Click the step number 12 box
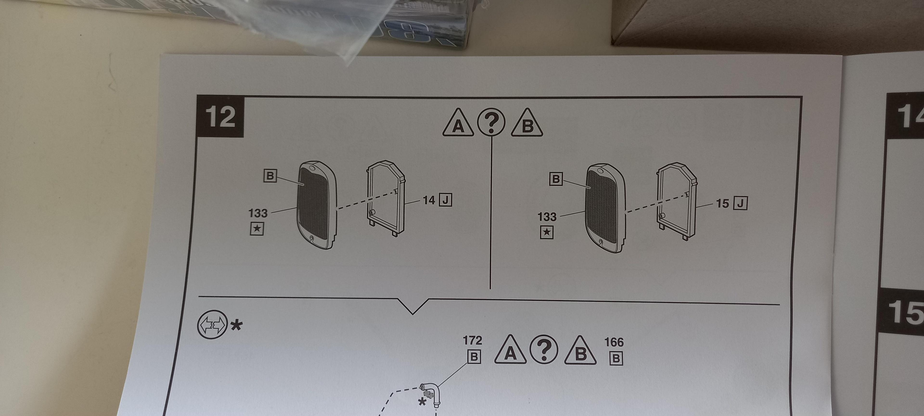[220, 117]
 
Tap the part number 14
[429, 200]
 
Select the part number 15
[722, 203]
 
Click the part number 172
[472, 340]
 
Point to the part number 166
[614, 342]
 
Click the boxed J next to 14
[445, 200]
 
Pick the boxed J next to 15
[741, 203]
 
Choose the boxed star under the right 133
[546, 232]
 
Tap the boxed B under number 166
[616, 358]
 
